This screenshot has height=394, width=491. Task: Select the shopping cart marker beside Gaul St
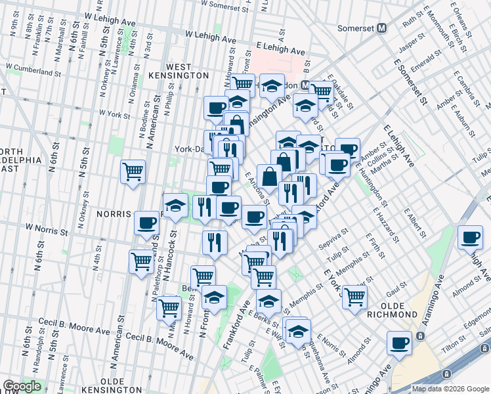(x=355, y=297)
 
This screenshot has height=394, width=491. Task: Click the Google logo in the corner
(x=22, y=386)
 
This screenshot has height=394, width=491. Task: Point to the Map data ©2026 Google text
(x=450, y=389)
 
